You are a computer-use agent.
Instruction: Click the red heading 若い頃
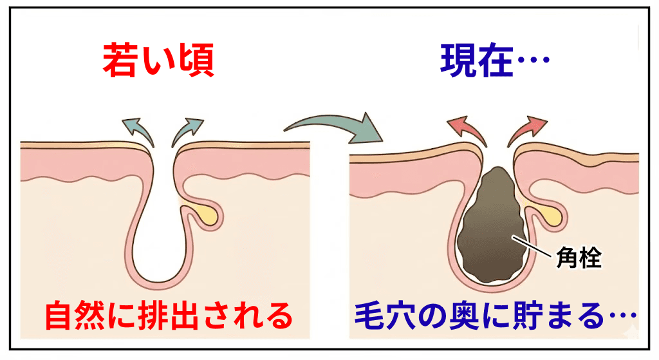coord(158,61)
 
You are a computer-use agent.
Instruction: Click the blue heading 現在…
coord(494,61)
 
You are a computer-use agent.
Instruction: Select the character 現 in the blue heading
coord(458,61)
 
